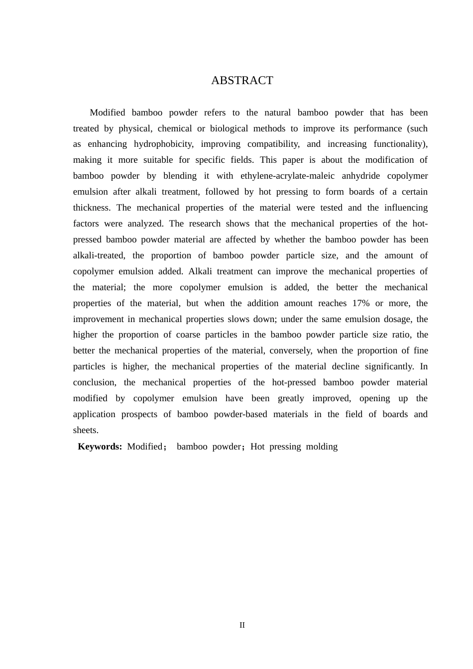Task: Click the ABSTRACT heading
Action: tap(242, 81)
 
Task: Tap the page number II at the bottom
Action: tap(242, 625)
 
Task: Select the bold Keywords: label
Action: tap(100, 446)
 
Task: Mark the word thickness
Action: tap(91, 208)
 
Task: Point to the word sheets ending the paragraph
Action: tap(85, 430)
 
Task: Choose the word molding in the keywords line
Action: tap(322, 446)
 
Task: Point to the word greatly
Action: tap(291, 398)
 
